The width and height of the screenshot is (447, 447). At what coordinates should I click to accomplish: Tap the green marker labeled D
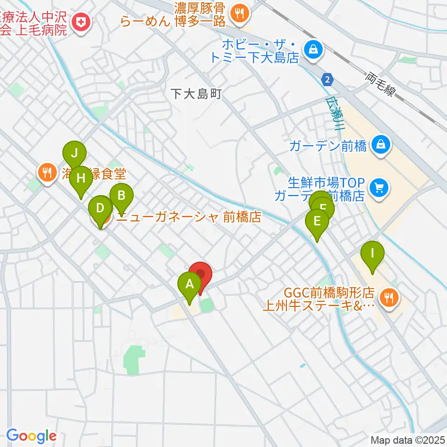pyautogui.click(x=100, y=207)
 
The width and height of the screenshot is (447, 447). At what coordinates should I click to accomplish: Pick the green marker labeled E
pyautogui.click(x=317, y=220)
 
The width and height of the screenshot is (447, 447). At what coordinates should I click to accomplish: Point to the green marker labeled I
pyautogui.click(x=372, y=254)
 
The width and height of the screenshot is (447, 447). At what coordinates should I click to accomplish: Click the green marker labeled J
pyautogui.click(x=74, y=153)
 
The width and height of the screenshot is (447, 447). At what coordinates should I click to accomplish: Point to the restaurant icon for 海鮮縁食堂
pyautogui.click(x=46, y=173)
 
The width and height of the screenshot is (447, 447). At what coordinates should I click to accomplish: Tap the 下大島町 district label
pyautogui.click(x=195, y=94)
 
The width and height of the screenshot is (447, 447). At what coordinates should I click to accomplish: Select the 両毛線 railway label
pyautogui.click(x=380, y=84)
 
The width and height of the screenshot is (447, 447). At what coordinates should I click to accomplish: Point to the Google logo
pyautogui.click(x=31, y=436)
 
